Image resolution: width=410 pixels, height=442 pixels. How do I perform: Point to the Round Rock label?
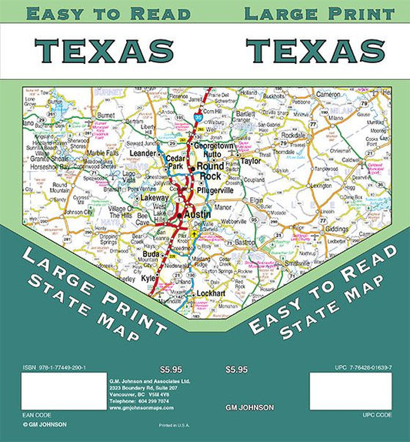pyautogui.click(x=211, y=170)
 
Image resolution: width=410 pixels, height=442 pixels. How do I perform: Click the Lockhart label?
pyautogui.click(x=211, y=294)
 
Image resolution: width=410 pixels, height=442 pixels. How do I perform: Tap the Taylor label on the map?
pyautogui.click(x=251, y=162)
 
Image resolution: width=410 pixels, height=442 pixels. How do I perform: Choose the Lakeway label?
pyautogui.click(x=154, y=198)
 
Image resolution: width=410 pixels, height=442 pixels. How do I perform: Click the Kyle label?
pyautogui.click(x=148, y=273)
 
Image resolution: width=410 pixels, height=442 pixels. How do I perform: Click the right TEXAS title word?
pyautogui.click(x=315, y=50)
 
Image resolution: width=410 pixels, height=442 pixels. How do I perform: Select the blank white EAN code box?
pyautogui.click(x=64, y=391)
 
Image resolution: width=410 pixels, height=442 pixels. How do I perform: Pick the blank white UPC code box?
pyautogui.click(x=351, y=391)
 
